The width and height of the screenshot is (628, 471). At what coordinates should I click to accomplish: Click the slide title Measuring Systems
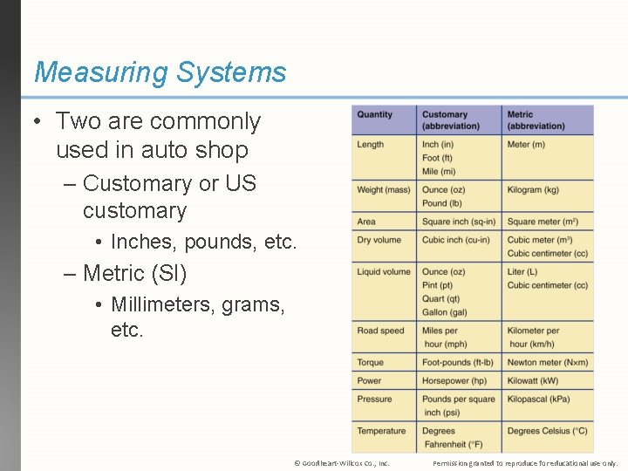click(x=160, y=72)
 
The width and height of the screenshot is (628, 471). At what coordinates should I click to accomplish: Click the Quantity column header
click(x=374, y=114)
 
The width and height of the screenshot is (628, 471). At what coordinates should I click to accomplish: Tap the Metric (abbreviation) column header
click(x=536, y=120)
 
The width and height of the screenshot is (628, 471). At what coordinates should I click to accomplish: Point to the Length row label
click(x=370, y=145)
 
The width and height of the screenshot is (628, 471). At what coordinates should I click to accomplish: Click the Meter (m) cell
click(x=526, y=145)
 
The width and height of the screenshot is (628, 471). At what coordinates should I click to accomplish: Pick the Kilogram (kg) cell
click(x=533, y=190)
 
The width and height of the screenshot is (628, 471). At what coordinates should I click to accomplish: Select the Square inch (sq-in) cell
click(x=458, y=222)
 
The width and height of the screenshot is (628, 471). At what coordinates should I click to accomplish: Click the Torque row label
click(x=370, y=363)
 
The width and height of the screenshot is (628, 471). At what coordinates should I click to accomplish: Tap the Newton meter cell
click(x=547, y=363)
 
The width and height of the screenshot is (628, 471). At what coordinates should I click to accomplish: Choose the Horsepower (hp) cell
click(x=454, y=380)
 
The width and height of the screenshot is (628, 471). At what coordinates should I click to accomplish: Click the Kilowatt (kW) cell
click(x=532, y=380)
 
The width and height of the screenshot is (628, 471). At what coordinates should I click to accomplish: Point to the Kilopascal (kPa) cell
click(x=538, y=399)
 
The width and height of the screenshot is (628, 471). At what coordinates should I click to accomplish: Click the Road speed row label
click(x=380, y=331)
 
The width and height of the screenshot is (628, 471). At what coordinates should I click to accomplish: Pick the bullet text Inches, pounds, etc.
click(x=204, y=241)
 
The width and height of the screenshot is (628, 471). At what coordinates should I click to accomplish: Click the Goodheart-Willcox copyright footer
click(x=342, y=463)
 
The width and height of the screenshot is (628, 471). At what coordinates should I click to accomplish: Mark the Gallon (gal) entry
click(x=445, y=312)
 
